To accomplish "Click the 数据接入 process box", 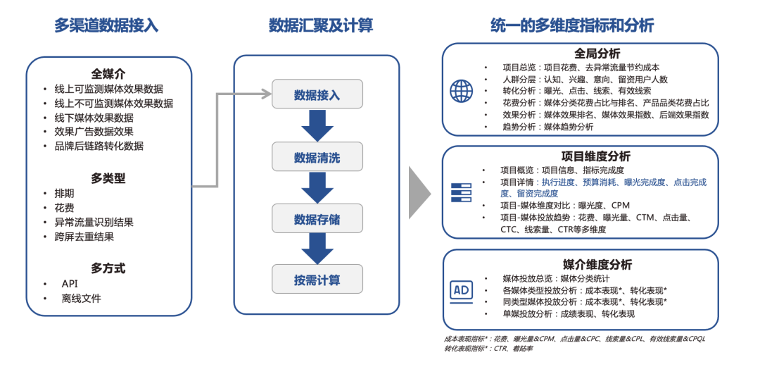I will pos(317,94).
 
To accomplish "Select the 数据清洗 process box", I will pos(317,157).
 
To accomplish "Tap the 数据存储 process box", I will pos(317,219).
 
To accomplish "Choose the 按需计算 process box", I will pos(317,280).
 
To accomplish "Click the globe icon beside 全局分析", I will pos(462,90).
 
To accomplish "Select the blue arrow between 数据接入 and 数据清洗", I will pos(317,125).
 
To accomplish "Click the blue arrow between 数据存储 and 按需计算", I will pos(317,249).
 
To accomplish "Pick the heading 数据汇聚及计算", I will pos(320,26).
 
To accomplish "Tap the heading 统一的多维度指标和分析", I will pos(571,26).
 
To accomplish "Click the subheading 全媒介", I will pos(108,73).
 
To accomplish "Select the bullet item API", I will pos(70,283).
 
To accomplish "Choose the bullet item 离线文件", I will pos(81,298).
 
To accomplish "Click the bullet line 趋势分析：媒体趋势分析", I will pos(547,127).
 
